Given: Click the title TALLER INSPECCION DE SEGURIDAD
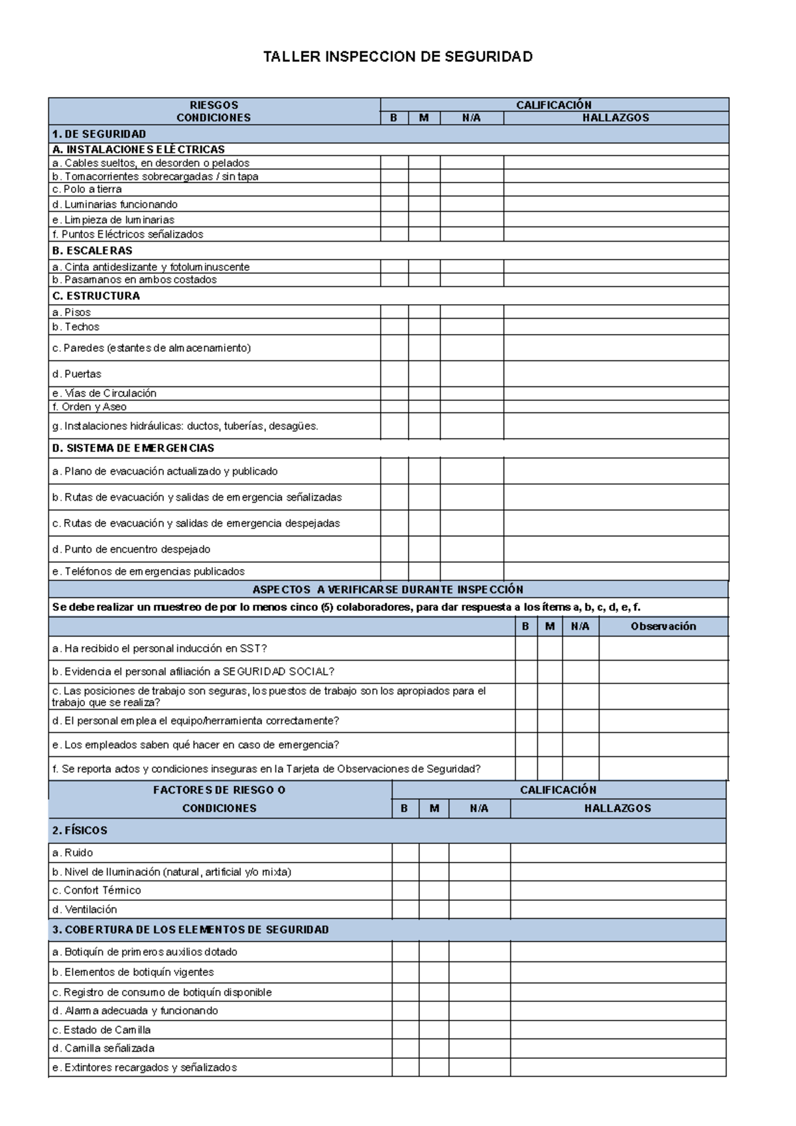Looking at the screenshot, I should click(x=397, y=57).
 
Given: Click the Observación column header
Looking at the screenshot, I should click(x=663, y=626).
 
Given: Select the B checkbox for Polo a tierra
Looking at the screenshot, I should click(x=394, y=189).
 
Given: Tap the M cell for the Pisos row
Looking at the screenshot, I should click(x=424, y=312).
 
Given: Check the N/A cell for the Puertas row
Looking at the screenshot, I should click(x=472, y=374).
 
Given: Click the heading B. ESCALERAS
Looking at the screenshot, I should click(x=92, y=250).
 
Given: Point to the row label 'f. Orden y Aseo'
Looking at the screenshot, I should click(x=89, y=407).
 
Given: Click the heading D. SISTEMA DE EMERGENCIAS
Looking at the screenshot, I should click(x=133, y=448).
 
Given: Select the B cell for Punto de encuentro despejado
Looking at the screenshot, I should click(x=394, y=549).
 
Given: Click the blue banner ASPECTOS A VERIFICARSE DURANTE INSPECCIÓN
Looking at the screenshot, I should click(x=388, y=590).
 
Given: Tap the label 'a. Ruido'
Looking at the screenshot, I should click(x=72, y=852).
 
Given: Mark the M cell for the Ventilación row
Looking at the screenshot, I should click(x=434, y=910).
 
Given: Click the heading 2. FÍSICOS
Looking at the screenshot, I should click(x=80, y=831).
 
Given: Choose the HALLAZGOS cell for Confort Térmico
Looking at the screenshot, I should click(x=618, y=890).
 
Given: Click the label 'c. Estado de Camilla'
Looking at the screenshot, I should click(x=101, y=1030).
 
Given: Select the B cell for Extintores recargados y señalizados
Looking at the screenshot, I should click(x=405, y=1068).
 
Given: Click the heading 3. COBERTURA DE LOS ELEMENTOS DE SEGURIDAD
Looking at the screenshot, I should click(x=190, y=929).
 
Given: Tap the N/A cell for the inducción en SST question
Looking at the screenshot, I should click(x=580, y=649).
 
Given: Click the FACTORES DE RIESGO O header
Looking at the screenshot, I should click(x=219, y=790).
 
